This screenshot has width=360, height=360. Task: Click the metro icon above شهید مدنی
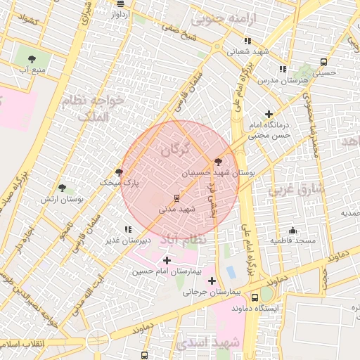click(176, 197)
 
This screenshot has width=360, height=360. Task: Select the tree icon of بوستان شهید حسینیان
click(218, 161)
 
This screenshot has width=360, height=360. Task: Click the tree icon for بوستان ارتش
click(62, 188)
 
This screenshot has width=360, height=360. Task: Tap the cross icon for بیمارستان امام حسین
click(167, 260)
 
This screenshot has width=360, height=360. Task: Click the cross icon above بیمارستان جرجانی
click(212, 281)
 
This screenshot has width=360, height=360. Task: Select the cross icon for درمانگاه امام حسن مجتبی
click(268, 114)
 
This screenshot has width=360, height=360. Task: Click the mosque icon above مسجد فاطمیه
click(292, 230)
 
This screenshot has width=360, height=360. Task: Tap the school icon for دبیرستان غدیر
click(127, 229)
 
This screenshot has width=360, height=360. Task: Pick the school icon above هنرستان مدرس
click(283, 69)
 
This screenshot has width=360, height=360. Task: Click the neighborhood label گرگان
click(175, 149)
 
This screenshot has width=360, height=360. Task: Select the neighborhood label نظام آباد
click(184, 240)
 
